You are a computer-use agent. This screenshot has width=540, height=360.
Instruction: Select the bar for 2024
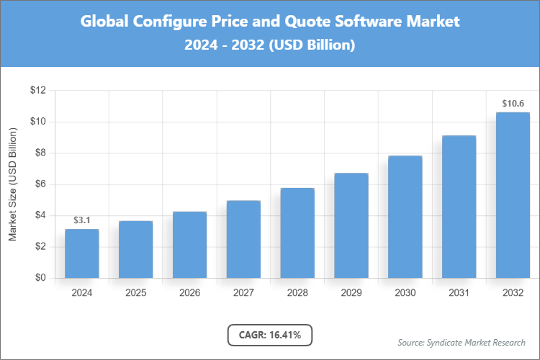(81, 253)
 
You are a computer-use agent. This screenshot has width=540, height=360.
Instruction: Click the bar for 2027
(243, 239)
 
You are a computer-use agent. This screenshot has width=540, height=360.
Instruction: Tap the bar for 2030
(405, 217)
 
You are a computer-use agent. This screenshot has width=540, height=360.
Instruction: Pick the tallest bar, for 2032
(513, 195)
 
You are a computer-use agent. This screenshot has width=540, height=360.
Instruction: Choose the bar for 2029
(351, 225)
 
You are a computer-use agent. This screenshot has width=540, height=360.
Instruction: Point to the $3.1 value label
(81, 220)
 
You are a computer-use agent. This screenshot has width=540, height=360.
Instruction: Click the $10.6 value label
(513, 103)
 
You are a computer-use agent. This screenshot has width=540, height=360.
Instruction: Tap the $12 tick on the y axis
(37, 91)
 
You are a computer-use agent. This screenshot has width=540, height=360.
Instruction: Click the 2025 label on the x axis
(135, 293)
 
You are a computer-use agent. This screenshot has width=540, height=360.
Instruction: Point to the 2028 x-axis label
(297, 293)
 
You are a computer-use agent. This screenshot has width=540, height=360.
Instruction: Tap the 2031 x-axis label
(459, 293)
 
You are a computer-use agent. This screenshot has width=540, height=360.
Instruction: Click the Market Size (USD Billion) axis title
(12, 184)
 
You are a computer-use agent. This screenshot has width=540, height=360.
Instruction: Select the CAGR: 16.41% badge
(270, 334)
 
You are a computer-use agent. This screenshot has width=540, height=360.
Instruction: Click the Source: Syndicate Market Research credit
(461, 342)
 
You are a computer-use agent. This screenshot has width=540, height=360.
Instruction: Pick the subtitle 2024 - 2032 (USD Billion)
(270, 45)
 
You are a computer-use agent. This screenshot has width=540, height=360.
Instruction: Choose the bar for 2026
(189, 245)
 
